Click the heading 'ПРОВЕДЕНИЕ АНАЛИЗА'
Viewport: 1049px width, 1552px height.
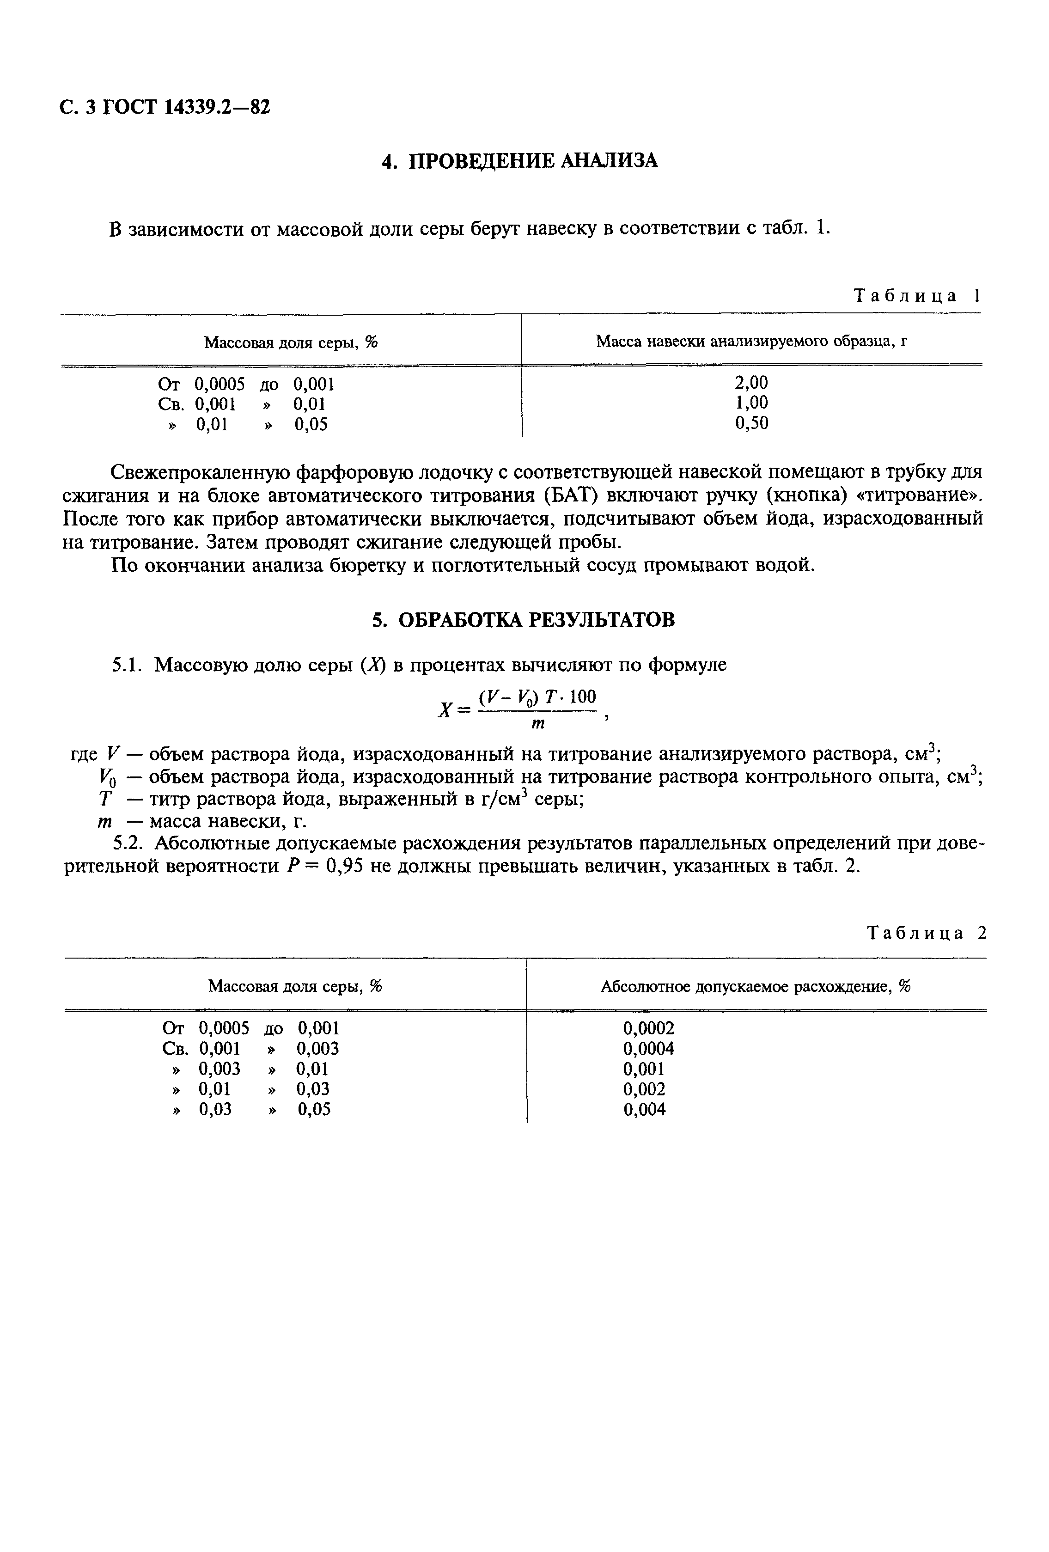click(x=532, y=161)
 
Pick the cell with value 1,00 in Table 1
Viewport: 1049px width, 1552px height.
click(x=751, y=403)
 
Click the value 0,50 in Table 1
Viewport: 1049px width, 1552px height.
click(x=751, y=423)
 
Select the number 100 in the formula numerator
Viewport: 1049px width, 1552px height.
click(x=583, y=697)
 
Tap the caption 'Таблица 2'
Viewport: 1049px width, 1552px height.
click(x=926, y=933)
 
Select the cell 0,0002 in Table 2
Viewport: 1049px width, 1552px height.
click(x=648, y=1028)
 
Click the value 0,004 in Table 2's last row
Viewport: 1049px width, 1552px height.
click(x=644, y=1110)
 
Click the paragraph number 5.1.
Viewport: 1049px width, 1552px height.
click(x=126, y=665)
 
